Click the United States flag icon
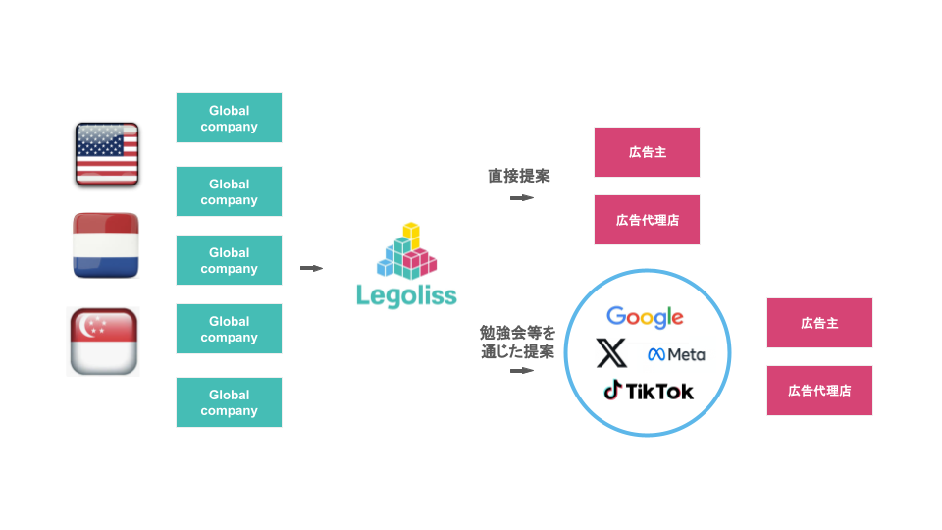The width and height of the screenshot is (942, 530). [x=107, y=154]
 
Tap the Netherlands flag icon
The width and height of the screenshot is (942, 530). [x=106, y=245]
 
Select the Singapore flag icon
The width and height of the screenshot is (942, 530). [x=104, y=342]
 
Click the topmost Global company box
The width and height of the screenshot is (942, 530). [x=229, y=118]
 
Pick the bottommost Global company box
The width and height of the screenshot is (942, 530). [x=229, y=402]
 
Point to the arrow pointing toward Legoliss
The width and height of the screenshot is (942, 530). [x=311, y=268]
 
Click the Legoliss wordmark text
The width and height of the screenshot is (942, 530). [x=406, y=295]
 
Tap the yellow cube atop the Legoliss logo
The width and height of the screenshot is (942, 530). [x=411, y=232]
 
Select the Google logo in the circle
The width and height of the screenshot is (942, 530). [x=645, y=317]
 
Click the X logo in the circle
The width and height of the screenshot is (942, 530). [x=611, y=352]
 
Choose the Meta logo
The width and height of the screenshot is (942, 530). [x=676, y=354]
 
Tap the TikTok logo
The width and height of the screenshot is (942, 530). [x=649, y=391]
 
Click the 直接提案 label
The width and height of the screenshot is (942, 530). [x=519, y=176]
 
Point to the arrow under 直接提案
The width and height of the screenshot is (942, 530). [x=521, y=197]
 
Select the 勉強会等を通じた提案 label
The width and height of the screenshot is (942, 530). [x=517, y=342]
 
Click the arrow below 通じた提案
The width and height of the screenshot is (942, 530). [x=521, y=371]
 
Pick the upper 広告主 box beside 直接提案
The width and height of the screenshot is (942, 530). [x=647, y=152]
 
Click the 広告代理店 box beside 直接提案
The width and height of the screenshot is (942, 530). [x=647, y=220]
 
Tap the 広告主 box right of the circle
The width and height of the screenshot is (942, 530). [x=819, y=323]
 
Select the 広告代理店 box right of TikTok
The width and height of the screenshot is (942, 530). [x=819, y=391]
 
